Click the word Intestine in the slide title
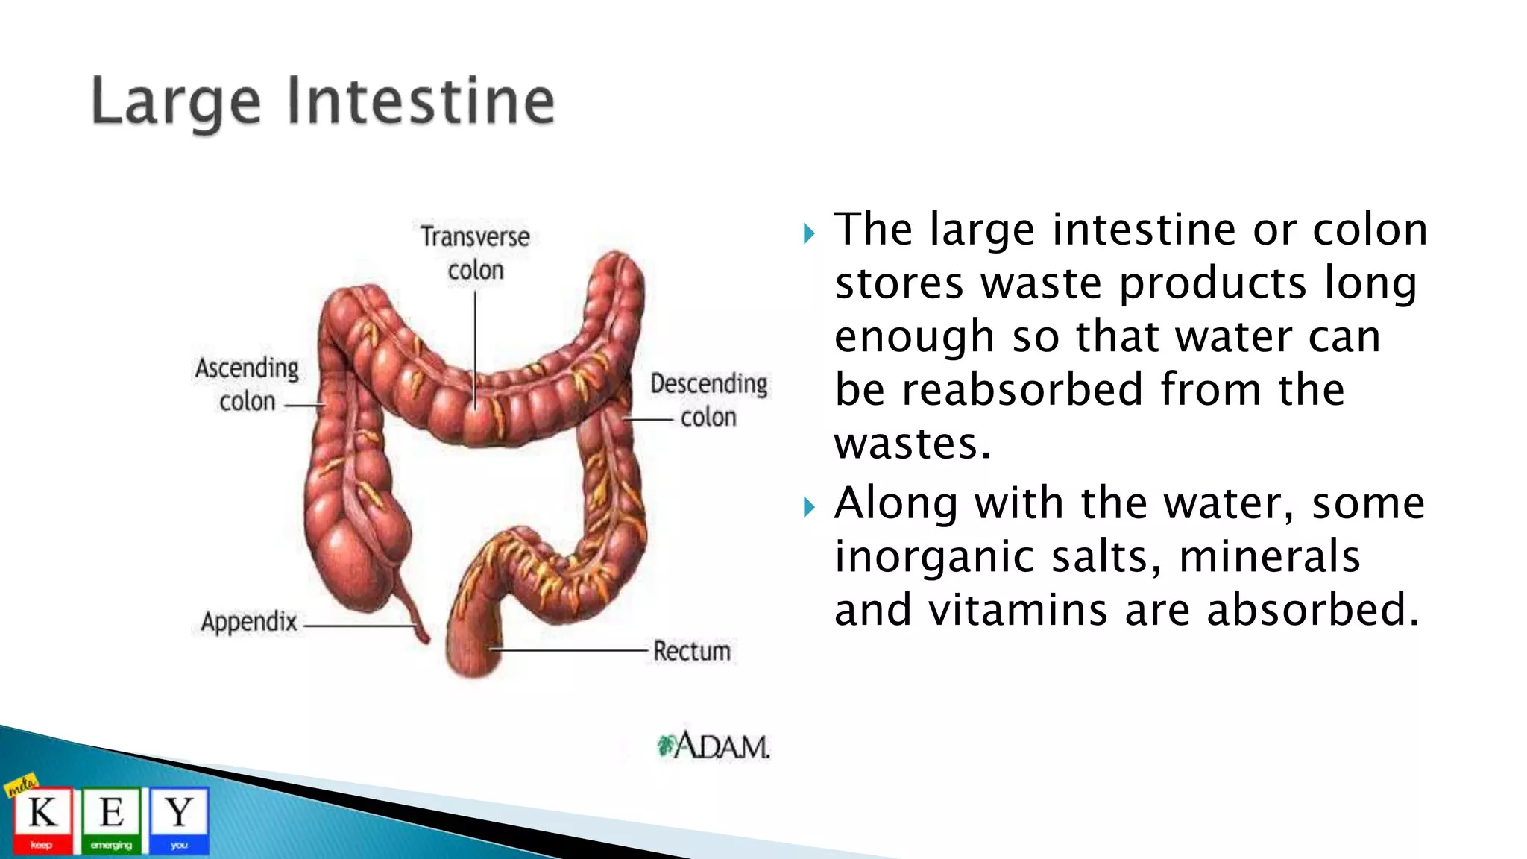(421, 102)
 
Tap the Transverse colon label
(475, 253)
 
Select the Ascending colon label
(247, 384)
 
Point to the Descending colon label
(708, 400)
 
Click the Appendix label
(249, 621)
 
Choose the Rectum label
(691, 651)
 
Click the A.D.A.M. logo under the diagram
(714, 745)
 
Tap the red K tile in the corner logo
(42, 819)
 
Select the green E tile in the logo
(111, 819)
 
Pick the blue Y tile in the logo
(179, 819)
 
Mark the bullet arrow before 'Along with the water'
(810, 509)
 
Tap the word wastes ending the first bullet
(912, 444)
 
